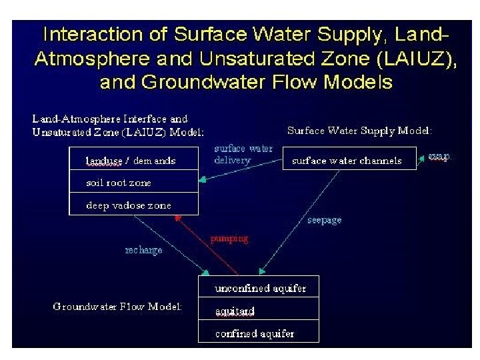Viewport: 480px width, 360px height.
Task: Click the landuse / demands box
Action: point(133,159)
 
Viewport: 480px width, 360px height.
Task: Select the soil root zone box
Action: point(133,182)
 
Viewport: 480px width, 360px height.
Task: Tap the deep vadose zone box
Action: point(133,204)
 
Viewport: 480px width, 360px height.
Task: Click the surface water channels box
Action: point(349,159)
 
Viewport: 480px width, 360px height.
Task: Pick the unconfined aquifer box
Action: point(259,287)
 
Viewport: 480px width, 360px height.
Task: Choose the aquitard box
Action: point(259,310)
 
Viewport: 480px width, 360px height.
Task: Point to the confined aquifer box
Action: point(259,332)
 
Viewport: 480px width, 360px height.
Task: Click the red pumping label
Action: point(229,238)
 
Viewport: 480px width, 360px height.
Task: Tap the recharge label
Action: point(143,250)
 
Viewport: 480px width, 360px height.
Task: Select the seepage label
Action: point(325,219)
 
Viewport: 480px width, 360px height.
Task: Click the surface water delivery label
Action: point(243,154)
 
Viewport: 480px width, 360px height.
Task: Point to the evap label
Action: point(439,156)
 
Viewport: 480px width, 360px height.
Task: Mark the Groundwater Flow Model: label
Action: point(117,307)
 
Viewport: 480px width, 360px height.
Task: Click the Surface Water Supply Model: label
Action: point(359,130)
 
